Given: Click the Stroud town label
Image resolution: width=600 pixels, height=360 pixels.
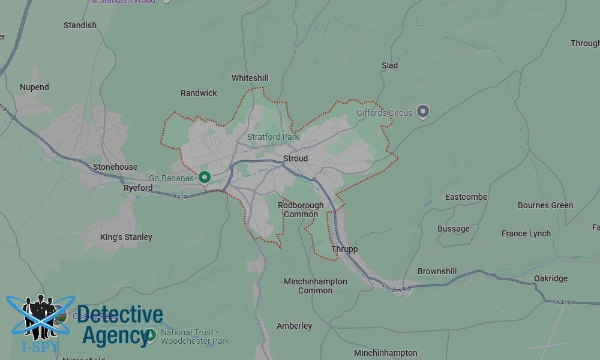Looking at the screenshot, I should point(295,158).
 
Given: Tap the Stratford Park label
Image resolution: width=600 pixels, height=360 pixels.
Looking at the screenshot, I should point(273,137).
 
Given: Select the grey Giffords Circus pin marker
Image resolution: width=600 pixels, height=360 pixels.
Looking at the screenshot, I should point(423,111).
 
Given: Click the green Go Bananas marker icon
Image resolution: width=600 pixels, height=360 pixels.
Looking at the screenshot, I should point(205,177).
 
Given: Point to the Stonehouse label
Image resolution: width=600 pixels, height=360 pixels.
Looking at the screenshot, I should point(115,167).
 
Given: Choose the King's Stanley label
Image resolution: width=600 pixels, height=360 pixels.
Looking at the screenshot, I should point(126,237).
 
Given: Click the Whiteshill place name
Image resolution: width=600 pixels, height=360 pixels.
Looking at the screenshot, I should point(250,78).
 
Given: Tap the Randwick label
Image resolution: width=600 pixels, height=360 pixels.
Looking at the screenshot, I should point(199,93).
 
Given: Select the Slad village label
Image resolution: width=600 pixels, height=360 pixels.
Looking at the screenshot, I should point(389,65).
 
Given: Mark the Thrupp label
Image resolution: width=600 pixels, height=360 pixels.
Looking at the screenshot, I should point(344,249).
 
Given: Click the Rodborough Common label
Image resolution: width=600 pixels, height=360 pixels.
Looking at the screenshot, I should point(301,209).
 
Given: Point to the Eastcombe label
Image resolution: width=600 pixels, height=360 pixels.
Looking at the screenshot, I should point(466,197).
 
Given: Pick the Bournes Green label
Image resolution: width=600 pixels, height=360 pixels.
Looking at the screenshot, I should point(545,205).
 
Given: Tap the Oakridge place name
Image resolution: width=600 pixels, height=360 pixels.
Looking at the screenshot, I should point(551,278).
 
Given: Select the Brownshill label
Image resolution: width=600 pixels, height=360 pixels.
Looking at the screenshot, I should point(437,271).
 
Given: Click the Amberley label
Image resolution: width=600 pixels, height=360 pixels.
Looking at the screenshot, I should point(294,326).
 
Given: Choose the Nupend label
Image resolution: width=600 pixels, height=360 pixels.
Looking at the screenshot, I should point(34,87).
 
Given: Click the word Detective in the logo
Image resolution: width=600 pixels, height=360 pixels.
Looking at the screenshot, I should point(120,314).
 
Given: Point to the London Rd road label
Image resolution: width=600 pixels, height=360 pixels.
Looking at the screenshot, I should point(395,289).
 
